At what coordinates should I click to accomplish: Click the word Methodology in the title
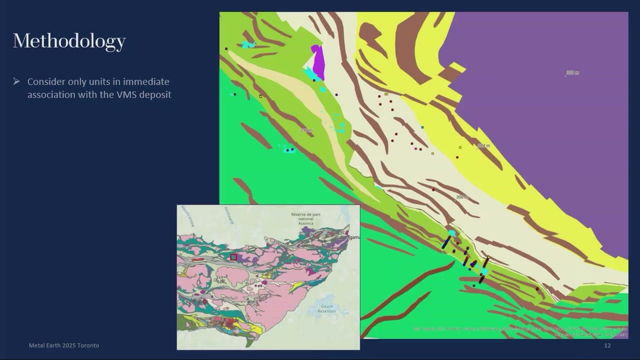point(69,41)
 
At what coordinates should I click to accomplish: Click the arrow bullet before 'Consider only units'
point(16,81)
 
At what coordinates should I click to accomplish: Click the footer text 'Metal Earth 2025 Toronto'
point(63,345)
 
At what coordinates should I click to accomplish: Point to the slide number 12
point(607,345)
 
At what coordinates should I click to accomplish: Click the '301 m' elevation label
point(572,73)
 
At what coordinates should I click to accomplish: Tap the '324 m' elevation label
point(483,146)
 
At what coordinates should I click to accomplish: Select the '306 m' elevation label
point(462,197)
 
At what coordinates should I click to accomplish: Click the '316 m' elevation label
point(306,130)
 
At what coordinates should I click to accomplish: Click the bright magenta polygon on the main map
point(318,61)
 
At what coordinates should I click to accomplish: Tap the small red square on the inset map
point(233,257)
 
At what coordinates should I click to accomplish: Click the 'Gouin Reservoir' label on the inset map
point(325,308)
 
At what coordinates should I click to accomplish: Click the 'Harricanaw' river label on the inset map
point(187,216)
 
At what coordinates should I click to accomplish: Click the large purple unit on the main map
point(540,125)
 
